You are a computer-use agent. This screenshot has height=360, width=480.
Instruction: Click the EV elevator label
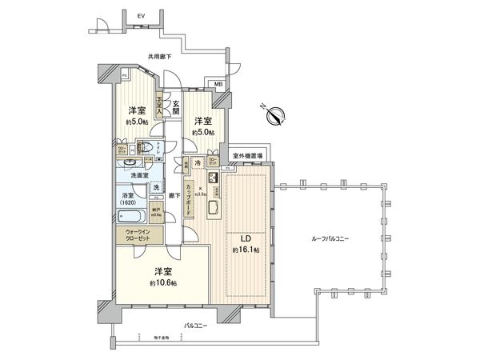click(142, 14)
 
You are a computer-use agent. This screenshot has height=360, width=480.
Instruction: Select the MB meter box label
click(218, 83)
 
